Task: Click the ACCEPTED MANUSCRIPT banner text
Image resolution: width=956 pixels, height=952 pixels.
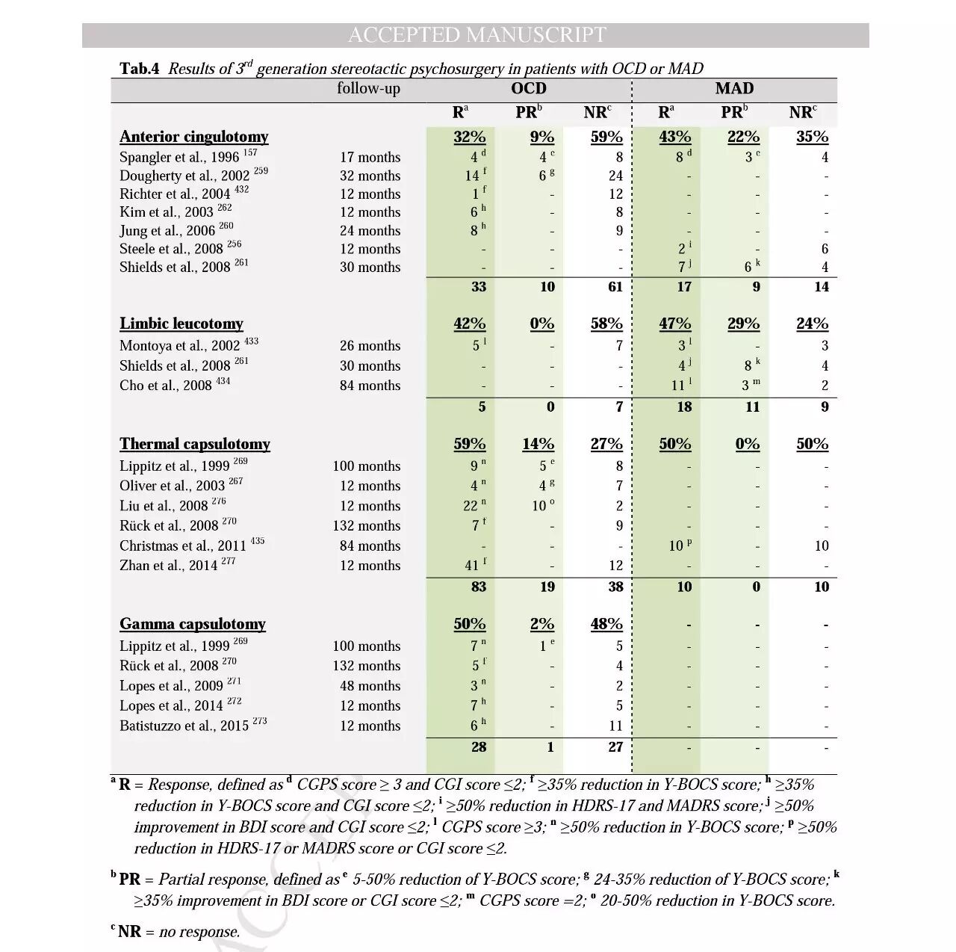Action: click(477, 35)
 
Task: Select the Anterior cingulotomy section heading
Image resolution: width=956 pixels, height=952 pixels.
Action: click(193, 137)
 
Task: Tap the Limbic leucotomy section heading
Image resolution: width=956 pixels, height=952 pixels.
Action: click(181, 324)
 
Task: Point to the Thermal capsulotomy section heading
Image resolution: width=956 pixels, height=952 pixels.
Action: click(194, 444)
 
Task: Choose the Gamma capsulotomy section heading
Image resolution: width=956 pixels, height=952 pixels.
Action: click(193, 624)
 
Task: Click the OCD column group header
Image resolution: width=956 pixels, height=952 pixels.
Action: click(528, 88)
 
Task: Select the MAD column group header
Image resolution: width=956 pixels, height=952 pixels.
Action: click(734, 88)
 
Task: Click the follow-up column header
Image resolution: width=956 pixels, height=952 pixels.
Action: click(368, 88)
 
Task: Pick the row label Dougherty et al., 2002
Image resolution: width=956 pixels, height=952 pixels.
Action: click(184, 176)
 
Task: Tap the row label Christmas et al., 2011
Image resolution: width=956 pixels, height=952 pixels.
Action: click(182, 546)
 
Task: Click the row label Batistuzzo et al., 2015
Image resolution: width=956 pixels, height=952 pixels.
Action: click(184, 726)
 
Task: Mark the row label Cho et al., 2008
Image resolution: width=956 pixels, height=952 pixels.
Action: click(166, 386)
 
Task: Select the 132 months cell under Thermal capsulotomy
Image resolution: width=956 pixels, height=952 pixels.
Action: click(367, 526)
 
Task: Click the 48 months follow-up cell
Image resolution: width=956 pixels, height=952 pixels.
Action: click(370, 686)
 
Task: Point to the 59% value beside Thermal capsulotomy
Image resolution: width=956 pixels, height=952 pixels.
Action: click(469, 444)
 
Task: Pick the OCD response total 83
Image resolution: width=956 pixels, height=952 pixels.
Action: click(479, 587)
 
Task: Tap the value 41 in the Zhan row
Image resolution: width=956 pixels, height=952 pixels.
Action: click(472, 566)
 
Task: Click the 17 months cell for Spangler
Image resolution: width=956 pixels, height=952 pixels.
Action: click(370, 158)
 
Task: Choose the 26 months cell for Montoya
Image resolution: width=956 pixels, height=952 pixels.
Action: click(370, 346)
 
